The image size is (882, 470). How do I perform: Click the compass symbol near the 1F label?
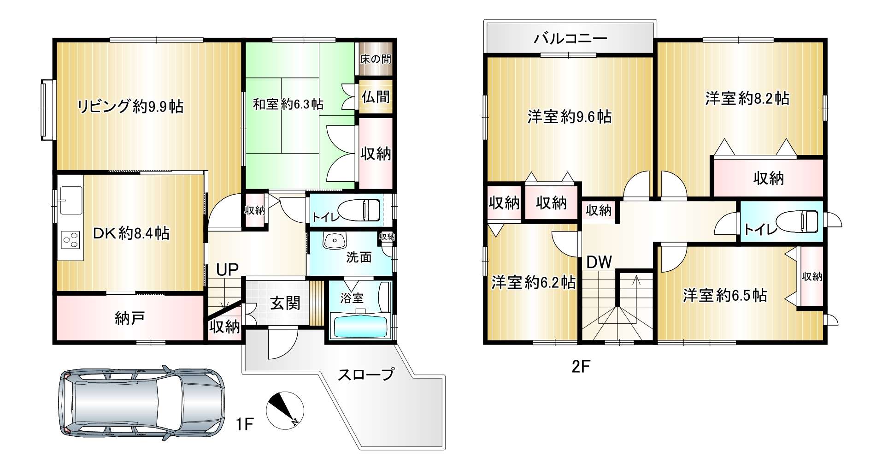pos(285,411)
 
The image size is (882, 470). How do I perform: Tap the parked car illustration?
pos(142,404)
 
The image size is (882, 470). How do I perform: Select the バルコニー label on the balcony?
pos(570,38)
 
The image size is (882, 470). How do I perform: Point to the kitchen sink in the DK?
pos(71,200)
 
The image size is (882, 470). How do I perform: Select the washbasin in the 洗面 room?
pos(334,241)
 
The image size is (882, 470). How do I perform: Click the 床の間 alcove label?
pos(376,59)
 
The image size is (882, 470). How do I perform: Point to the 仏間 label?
pos(376,97)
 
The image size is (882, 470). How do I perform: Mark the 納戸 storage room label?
pos(129,318)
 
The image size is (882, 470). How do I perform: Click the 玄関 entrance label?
pos(285,303)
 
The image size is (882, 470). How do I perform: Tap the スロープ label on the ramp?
pos(366,375)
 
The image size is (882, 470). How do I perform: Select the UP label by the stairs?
pos(227,270)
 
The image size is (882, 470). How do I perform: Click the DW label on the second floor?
pos(599,262)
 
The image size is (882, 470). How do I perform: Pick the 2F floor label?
pos(581,367)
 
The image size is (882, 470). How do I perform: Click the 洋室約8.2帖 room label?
pos(747,98)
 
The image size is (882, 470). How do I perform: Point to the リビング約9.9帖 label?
pos(130,107)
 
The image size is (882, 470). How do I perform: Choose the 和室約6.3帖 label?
pos(288,104)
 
